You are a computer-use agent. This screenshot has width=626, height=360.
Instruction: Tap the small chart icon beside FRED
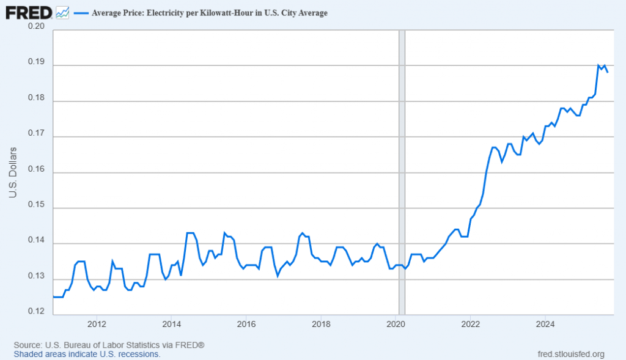tap(62, 12)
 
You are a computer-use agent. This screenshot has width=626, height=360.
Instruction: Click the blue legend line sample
tap(81, 13)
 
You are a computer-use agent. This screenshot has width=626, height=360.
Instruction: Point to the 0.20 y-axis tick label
tap(37, 26)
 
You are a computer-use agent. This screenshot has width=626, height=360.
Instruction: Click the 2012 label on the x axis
tap(97, 324)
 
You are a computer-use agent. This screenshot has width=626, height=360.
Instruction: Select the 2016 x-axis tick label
tap(246, 324)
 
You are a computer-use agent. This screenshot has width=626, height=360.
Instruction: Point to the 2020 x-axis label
tap(396, 324)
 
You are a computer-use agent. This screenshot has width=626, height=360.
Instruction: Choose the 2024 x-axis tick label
tap(545, 324)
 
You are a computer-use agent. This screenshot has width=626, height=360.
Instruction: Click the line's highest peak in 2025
tap(598, 65)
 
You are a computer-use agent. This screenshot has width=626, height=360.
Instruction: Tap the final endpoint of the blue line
tap(607, 72)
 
